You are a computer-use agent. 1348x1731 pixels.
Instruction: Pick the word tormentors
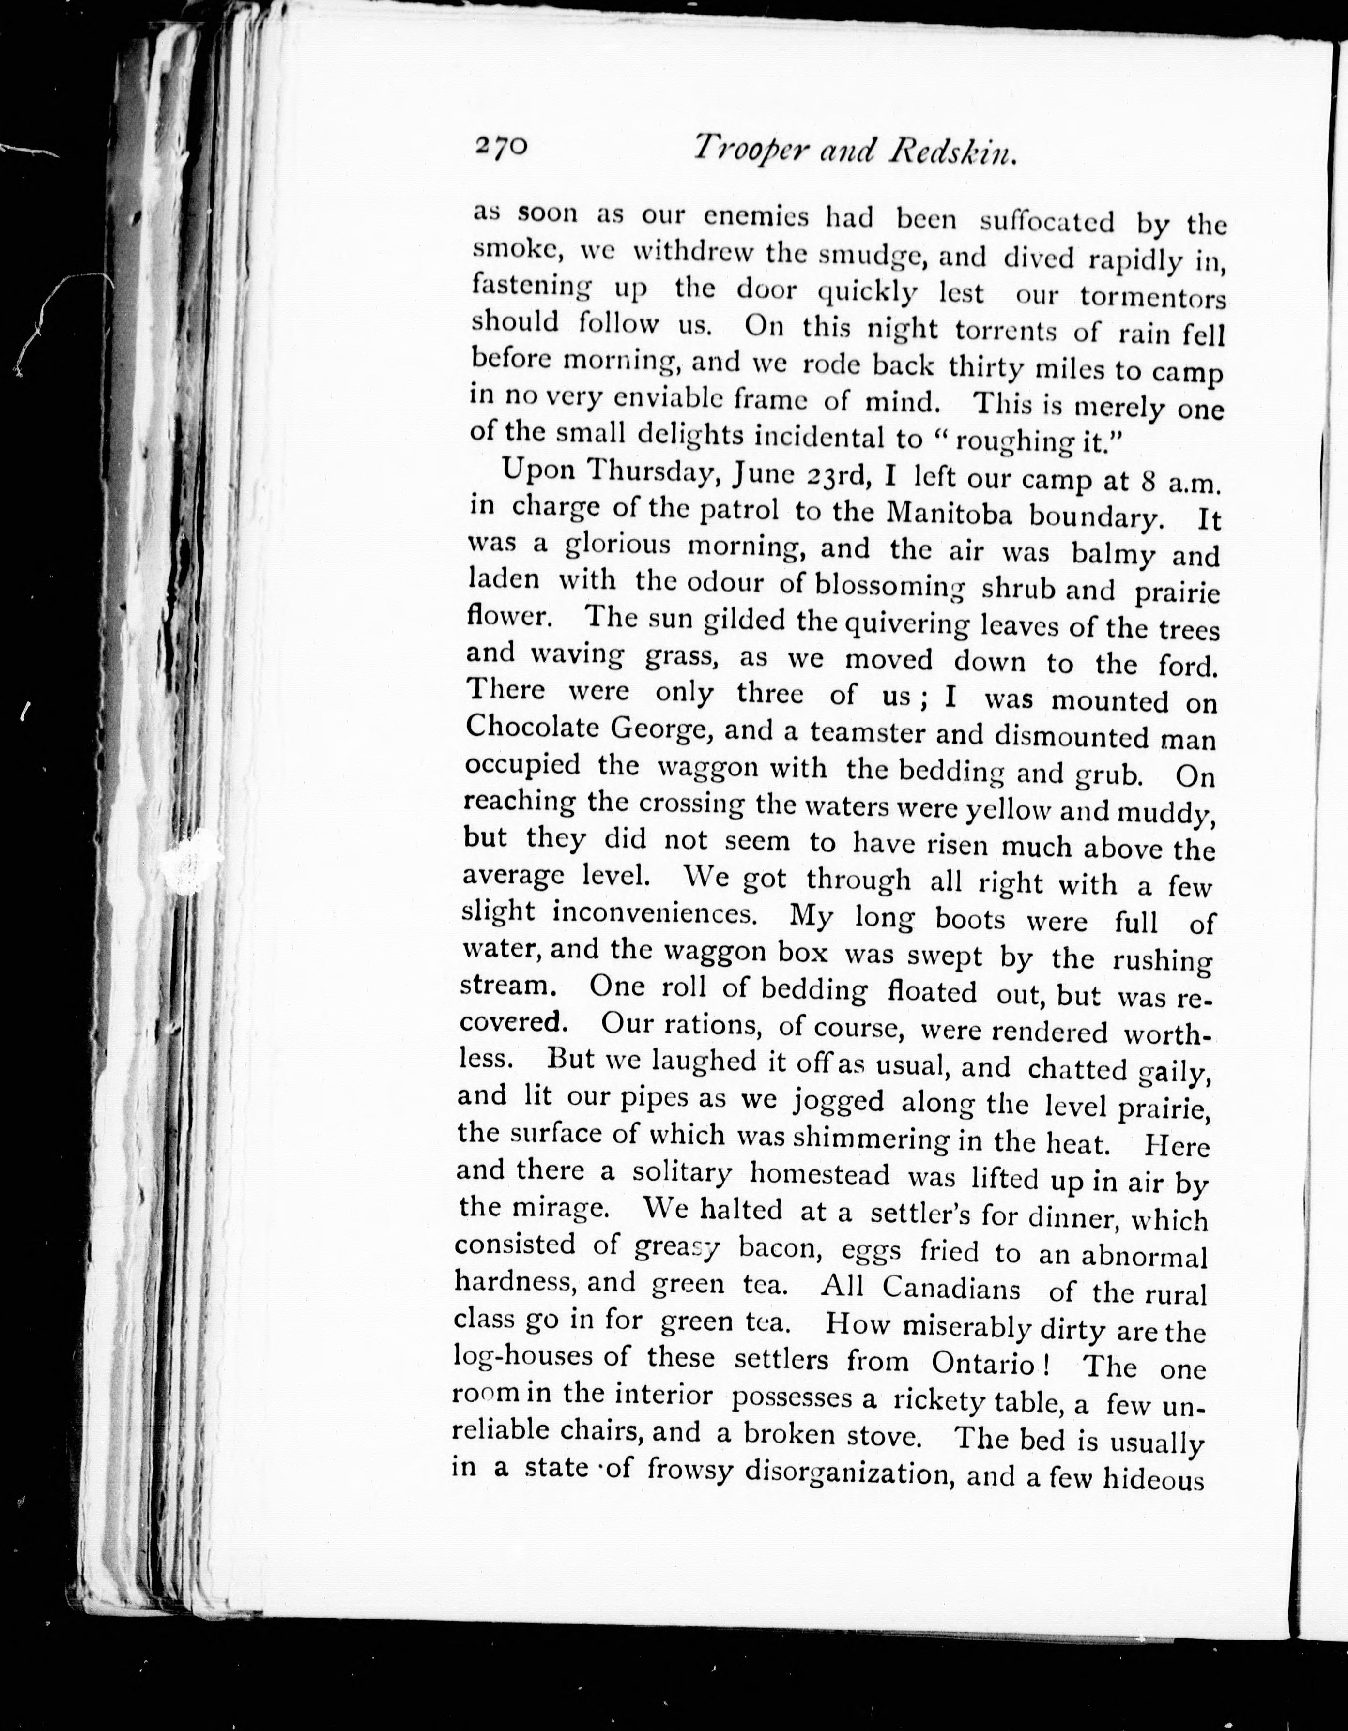coord(1153,298)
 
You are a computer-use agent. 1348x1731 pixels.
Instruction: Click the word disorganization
coord(828,1474)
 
